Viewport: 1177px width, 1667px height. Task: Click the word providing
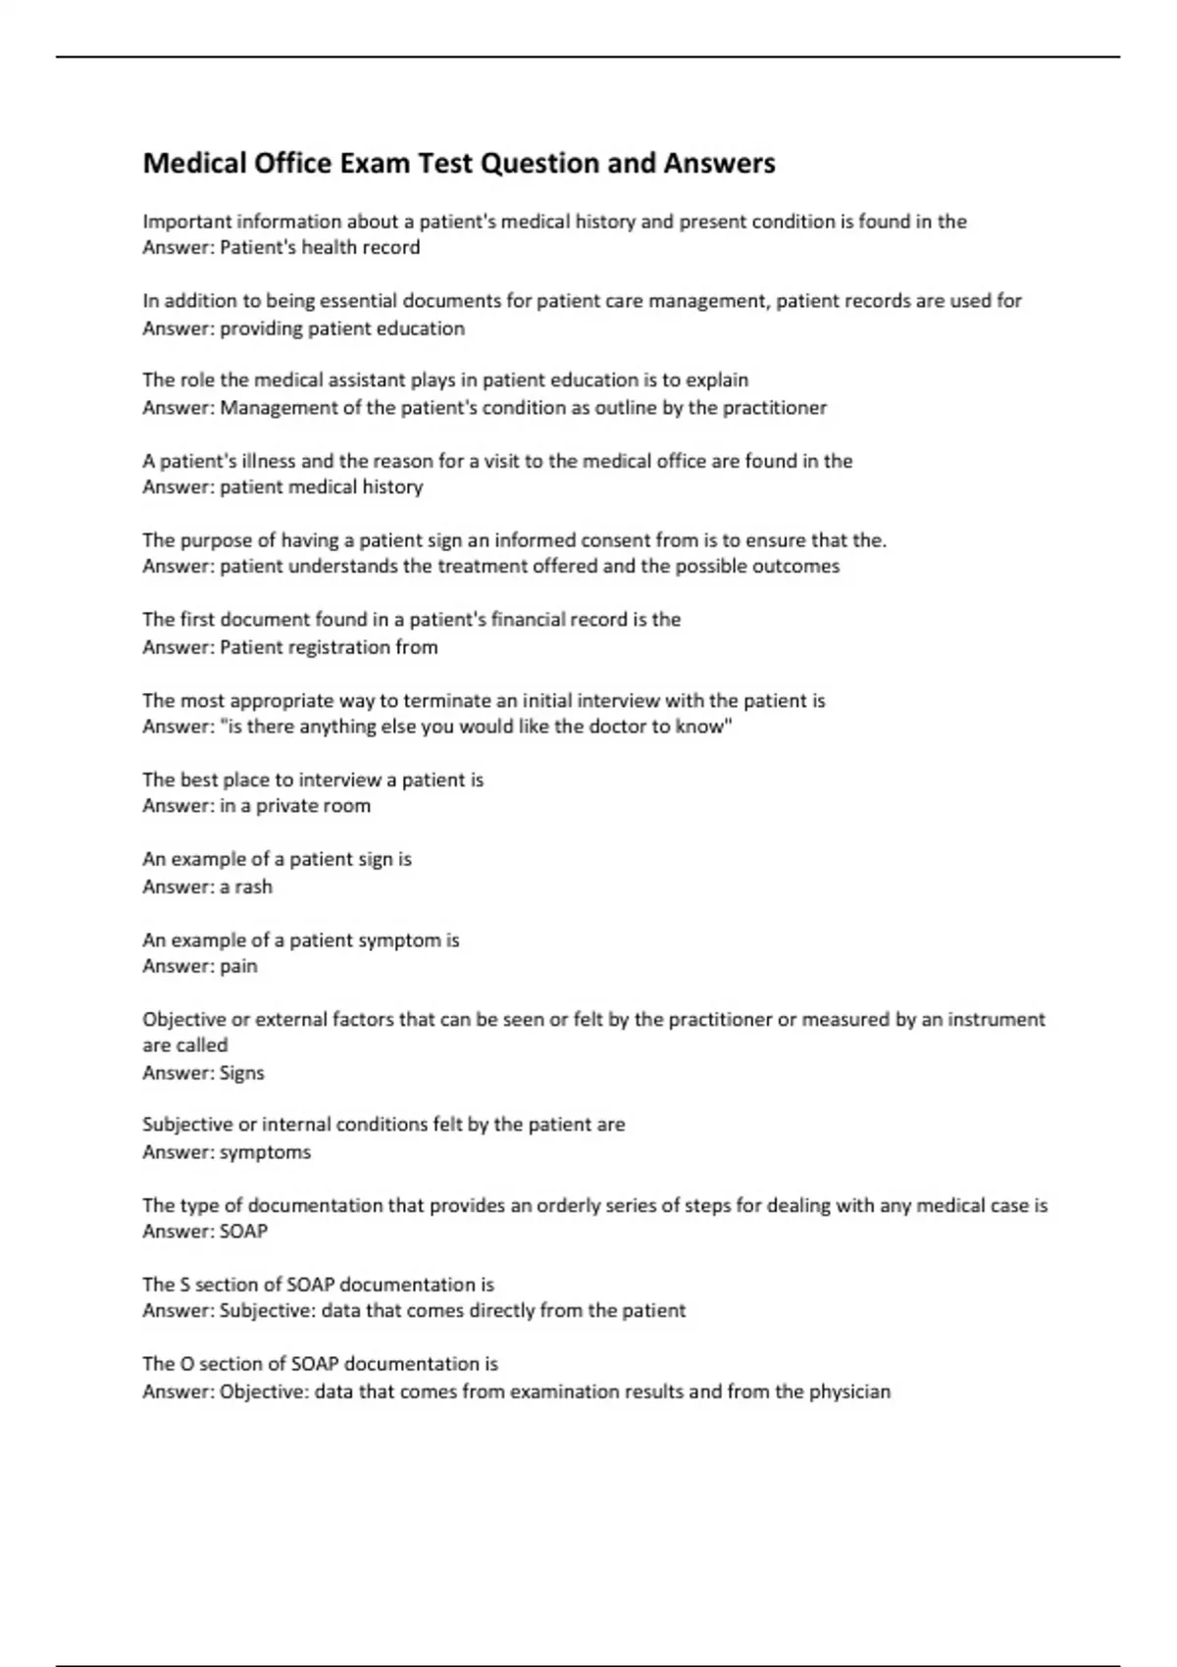[x=261, y=328]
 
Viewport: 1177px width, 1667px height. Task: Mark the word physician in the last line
[x=849, y=1391]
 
